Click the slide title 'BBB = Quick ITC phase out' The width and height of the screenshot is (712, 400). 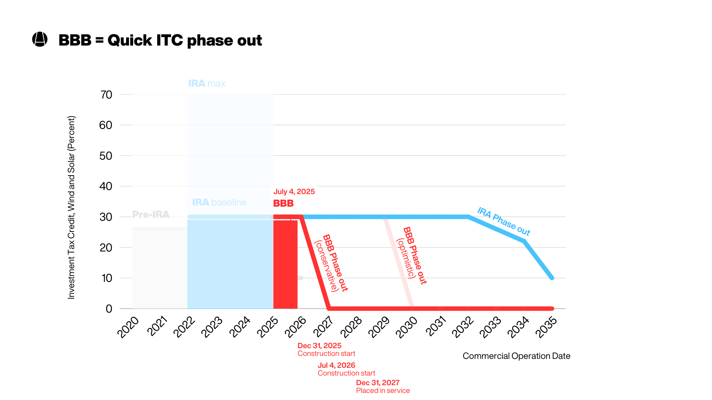click(160, 40)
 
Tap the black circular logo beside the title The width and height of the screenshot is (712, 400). click(40, 39)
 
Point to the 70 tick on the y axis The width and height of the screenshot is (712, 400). click(106, 95)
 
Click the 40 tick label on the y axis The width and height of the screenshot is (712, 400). click(106, 186)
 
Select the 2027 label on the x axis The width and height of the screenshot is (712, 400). click(323, 327)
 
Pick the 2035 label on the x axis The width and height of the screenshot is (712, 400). click(546, 327)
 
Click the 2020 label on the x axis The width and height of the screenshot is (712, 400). click(128, 327)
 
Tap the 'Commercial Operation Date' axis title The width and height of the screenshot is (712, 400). click(516, 356)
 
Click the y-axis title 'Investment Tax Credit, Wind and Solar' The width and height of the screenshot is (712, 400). click(71, 207)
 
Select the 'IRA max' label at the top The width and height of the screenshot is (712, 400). click(207, 83)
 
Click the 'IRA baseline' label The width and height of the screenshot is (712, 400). click(219, 202)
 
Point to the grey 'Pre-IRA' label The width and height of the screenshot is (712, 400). click(151, 214)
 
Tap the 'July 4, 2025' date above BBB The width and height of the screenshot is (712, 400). click(294, 191)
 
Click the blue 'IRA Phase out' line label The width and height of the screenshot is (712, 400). click(504, 221)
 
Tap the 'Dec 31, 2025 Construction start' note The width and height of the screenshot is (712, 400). click(326, 349)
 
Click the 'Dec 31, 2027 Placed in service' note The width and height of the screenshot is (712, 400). click(383, 386)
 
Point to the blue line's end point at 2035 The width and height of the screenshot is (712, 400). click(552, 278)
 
